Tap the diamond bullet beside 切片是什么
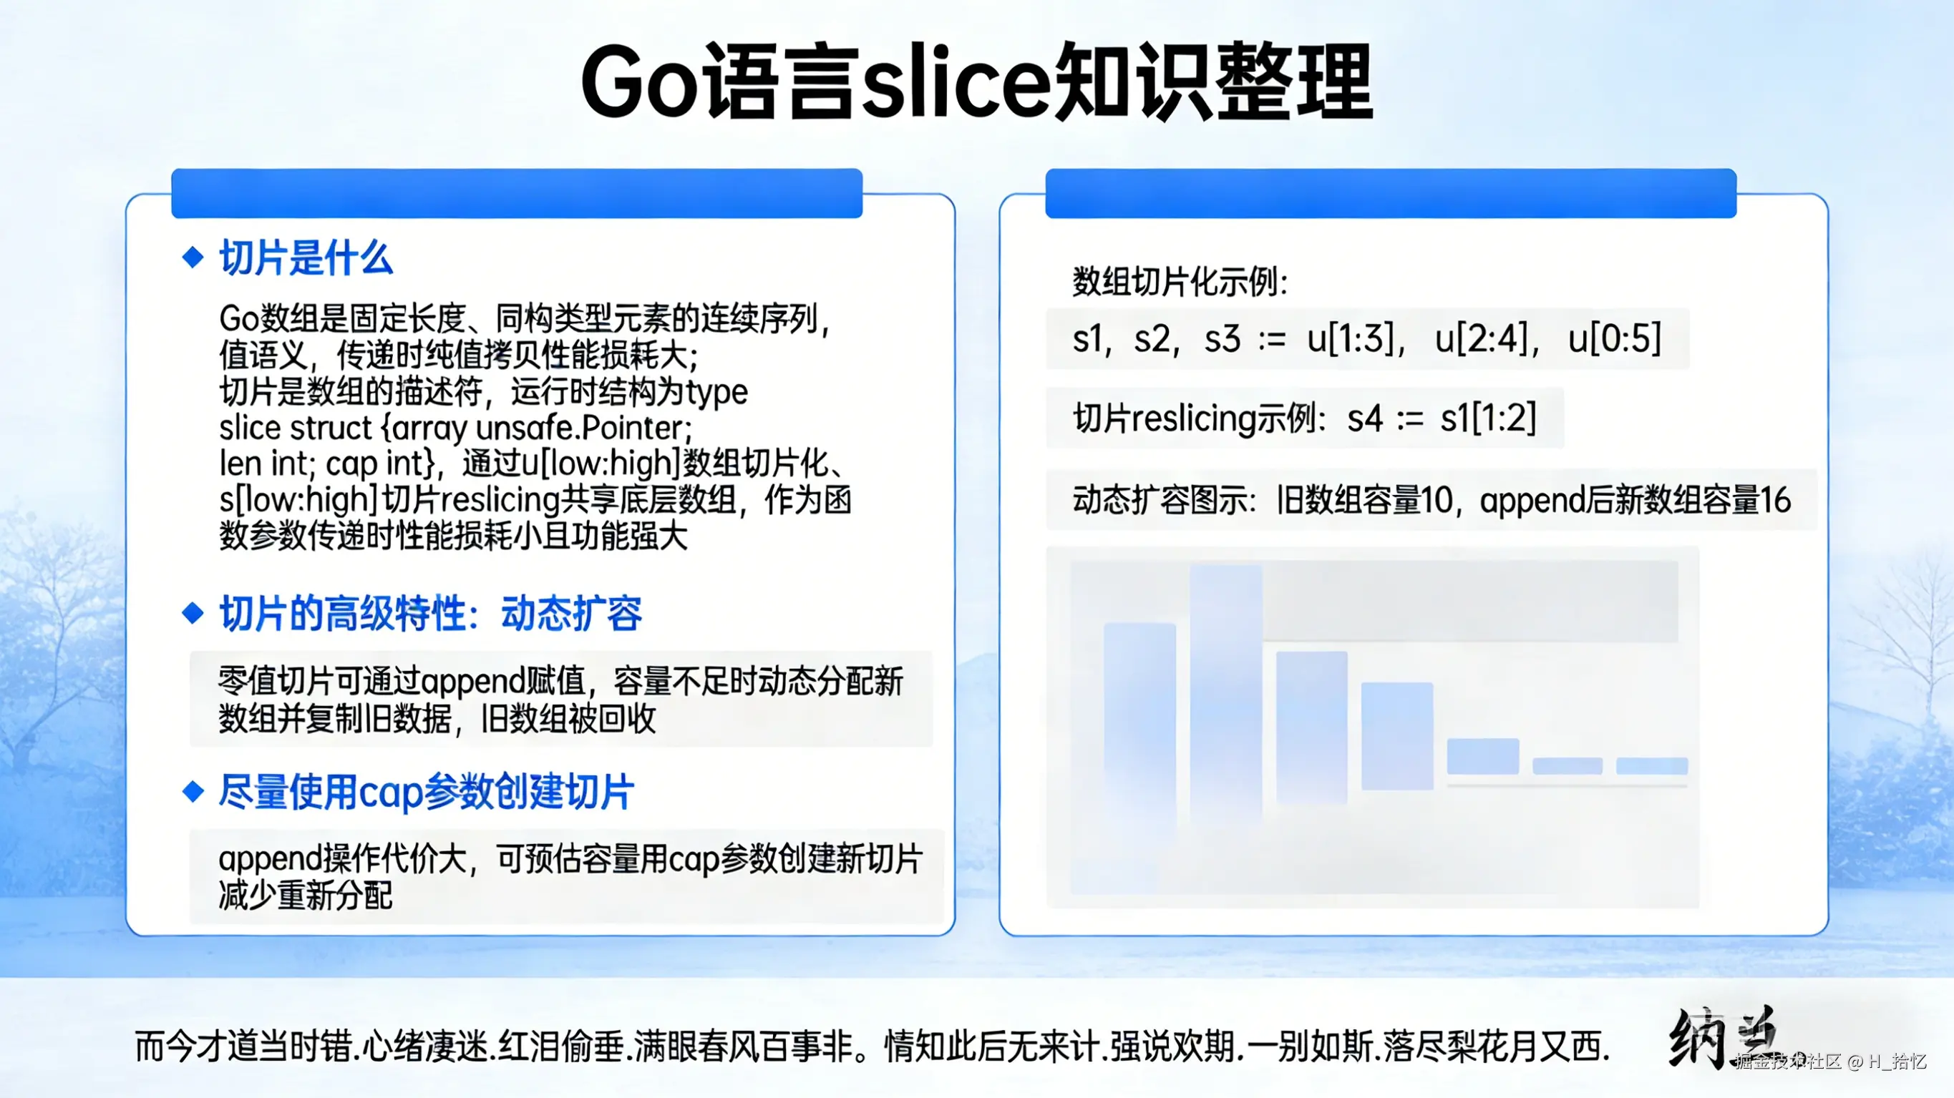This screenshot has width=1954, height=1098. (193, 257)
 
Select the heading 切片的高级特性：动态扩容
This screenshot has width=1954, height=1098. (430, 614)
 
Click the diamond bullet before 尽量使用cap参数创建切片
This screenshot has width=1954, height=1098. (193, 792)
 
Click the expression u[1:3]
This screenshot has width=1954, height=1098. (1351, 338)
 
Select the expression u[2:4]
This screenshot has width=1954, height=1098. (1482, 338)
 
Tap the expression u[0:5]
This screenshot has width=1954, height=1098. (1614, 338)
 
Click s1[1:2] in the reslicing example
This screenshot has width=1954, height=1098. (1488, 418)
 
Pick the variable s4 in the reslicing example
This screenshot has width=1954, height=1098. (1365, 418)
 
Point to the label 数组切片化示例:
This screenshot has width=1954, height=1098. (1180, 282)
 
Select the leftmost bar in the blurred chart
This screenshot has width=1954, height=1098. (1139, 720)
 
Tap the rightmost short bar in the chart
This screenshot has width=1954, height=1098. (1652, 766)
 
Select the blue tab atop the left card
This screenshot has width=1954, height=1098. (517, 193)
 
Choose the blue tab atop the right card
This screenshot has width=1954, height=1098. (1391, 193)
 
